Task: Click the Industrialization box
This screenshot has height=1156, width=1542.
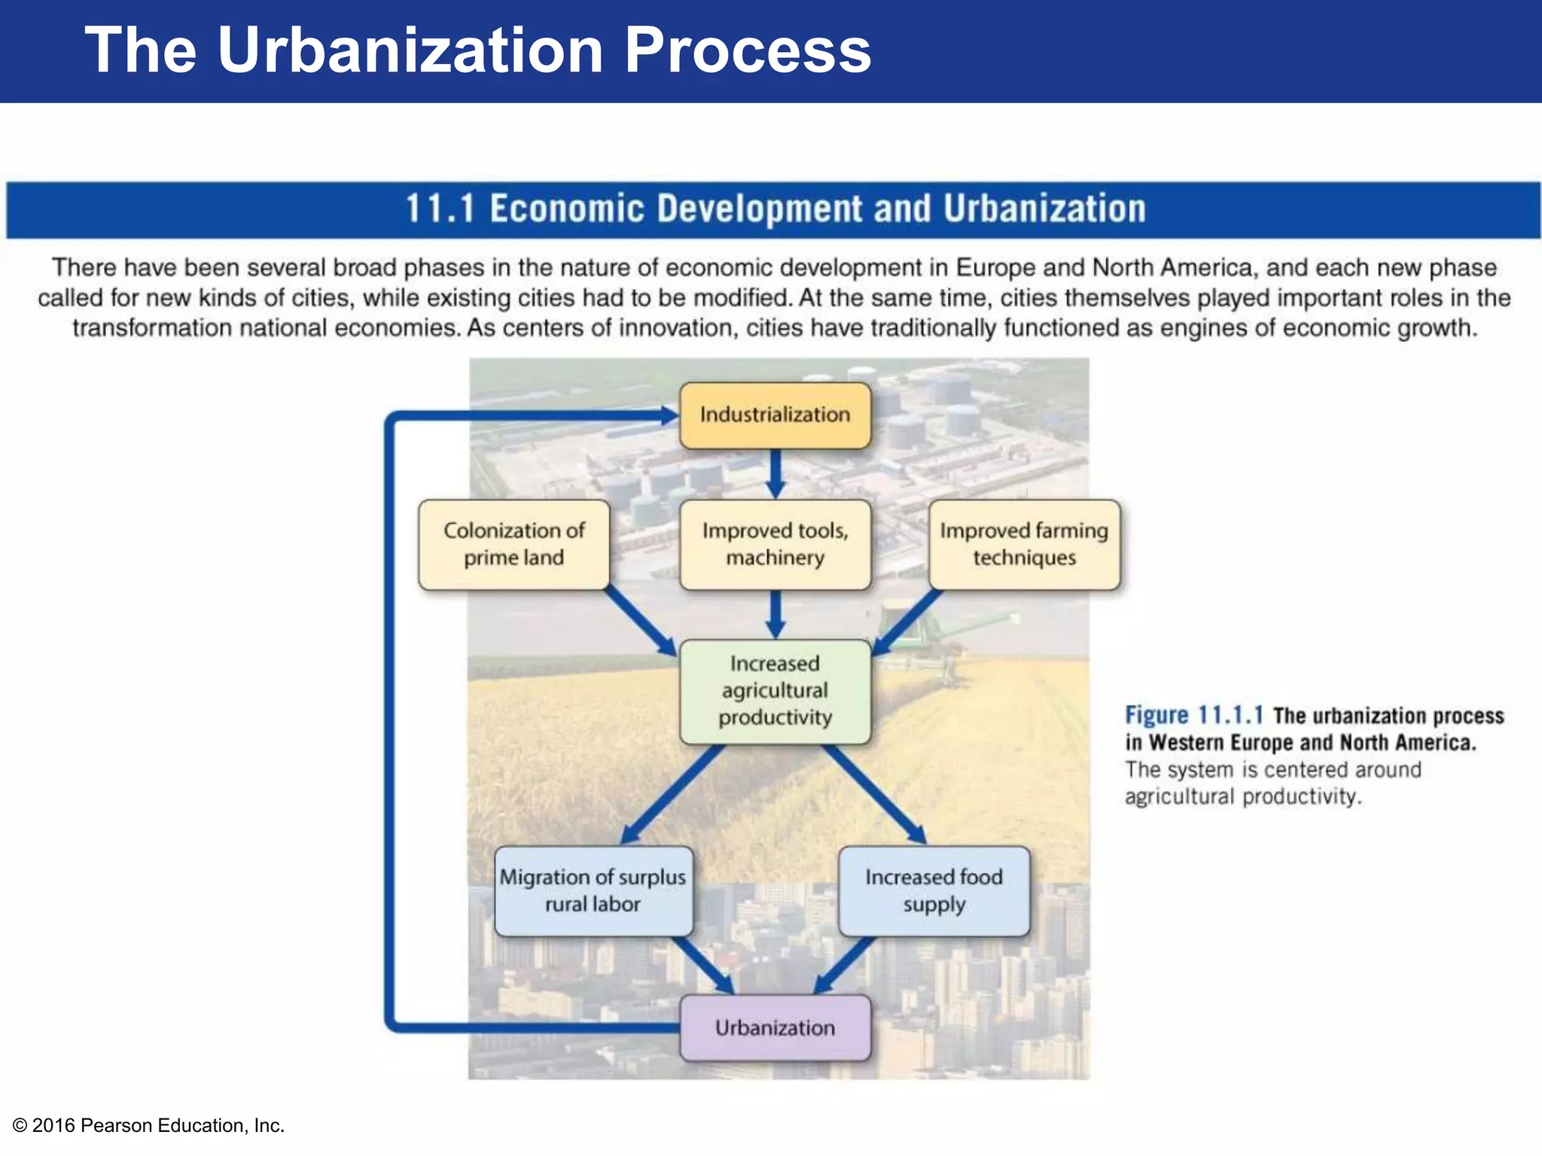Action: (x=775, y=415)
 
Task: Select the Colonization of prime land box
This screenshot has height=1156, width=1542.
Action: (x=513, y=544)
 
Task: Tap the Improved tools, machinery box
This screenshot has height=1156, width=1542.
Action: (x=775, y=544)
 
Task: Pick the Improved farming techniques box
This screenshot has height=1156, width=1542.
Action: (x=1024, y=544)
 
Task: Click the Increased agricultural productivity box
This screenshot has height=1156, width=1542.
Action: (x=775, y=691)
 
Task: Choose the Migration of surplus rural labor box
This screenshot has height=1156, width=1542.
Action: (x=593, y=891)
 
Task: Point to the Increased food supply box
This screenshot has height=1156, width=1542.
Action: (x=934, y=891)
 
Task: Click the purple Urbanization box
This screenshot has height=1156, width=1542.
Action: (x=775, y=1028)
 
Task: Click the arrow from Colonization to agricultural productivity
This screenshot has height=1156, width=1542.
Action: (x=640, y=621)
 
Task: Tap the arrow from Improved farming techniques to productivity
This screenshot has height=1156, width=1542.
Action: (x=907, y=621)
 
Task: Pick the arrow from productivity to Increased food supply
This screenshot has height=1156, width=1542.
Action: (x=873, y=794)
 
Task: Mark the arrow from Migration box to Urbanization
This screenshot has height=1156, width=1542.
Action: (x=704, y=966)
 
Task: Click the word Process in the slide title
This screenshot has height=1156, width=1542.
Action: (x=747, y=50)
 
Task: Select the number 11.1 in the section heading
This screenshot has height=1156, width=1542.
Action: (x=440, y=209)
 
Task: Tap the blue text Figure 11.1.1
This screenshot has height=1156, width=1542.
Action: (x=1193, y=715)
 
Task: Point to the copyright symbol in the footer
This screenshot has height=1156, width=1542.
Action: (x=20, y=1126)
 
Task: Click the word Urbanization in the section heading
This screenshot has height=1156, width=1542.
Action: (x=1044, y=209)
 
